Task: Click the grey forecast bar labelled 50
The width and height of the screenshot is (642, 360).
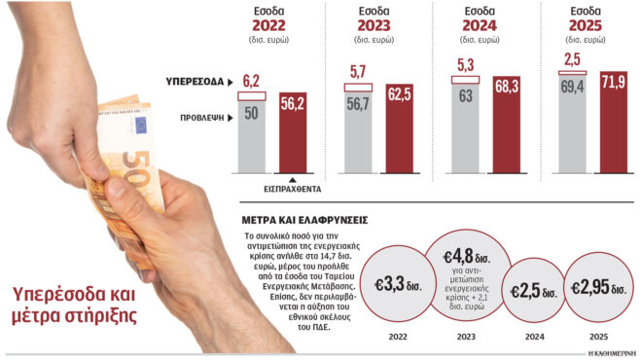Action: (x=252, y=136)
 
